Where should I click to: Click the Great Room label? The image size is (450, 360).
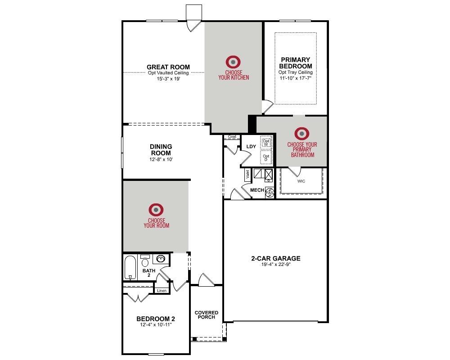168,67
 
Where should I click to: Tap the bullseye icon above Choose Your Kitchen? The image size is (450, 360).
233,62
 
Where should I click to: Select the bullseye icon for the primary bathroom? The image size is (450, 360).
302,134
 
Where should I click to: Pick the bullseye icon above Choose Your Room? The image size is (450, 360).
156,210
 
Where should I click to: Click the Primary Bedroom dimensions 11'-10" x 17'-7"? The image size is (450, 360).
295,78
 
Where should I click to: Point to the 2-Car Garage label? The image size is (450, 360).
276,258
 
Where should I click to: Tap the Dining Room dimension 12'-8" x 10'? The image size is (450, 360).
161,159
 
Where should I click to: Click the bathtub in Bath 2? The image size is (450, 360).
130,268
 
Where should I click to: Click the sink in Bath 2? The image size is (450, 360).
160,259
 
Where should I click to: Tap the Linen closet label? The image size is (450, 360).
162,291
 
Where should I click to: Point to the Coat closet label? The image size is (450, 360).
232,137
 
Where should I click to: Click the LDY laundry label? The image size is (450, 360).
251,146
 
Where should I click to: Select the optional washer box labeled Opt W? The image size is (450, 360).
266,142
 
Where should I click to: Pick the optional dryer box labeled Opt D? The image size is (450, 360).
266,157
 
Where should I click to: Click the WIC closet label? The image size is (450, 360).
301,181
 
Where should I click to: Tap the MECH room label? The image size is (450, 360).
257,190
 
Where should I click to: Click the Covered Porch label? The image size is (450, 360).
207,315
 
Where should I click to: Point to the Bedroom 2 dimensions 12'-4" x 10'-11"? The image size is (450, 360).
156,325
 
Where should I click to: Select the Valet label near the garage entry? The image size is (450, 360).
247,174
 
